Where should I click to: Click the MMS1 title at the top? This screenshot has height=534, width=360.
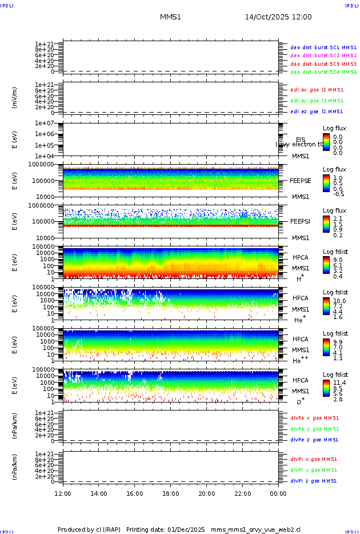coord(170,17)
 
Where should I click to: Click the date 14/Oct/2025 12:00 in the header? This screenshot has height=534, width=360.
coord(278,17)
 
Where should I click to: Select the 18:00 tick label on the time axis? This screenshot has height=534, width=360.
coord(170,493)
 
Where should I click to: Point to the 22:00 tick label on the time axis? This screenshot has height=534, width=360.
coord(242,493)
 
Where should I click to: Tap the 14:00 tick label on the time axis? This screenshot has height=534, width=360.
coord(99,493)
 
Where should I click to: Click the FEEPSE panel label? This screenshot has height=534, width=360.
coord(301,180)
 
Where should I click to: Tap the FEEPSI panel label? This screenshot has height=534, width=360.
coord(301,221)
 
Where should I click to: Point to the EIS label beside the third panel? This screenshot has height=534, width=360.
coord(301,140)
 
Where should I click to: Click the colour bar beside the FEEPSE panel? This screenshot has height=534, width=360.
coord(326,183)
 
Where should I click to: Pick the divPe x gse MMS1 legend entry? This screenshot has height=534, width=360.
coord(314,418)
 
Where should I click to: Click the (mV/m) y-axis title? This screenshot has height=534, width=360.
coord(15,98)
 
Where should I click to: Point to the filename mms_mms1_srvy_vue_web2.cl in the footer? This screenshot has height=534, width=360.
coord(255,529)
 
